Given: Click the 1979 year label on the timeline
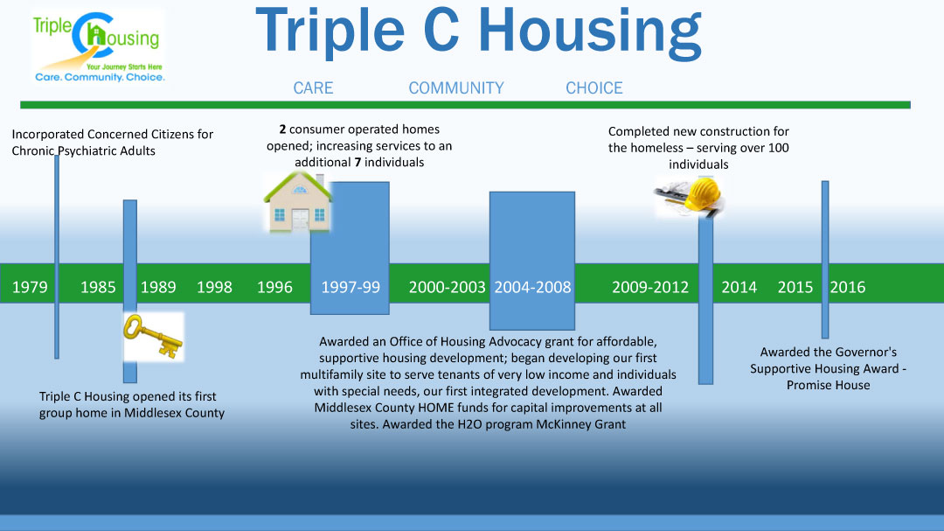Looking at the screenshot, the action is point(30,287).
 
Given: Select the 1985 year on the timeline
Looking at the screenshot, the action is point(98,287).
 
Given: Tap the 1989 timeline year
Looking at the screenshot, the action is point(158,287).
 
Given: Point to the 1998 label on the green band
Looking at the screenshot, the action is point(214,287).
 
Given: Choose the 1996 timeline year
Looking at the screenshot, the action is point(274,287).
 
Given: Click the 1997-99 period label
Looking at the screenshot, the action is point(351,287).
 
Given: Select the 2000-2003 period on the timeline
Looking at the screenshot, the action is point(447,287).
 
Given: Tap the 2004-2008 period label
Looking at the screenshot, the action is point(532,287).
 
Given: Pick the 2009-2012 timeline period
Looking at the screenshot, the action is point(650,287).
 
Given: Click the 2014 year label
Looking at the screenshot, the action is point(739,287).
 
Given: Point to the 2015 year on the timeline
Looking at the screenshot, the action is point(795,287).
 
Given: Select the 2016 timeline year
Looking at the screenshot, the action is point(848,287).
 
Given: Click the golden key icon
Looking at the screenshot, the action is point(153,336).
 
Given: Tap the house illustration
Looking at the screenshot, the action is point(297,201).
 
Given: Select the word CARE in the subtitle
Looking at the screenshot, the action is point(313,88).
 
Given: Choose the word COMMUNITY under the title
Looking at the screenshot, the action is point(456,88).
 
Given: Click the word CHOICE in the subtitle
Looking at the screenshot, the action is point(594,88).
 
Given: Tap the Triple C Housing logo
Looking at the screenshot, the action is point(99,46).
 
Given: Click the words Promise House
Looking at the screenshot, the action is point(829,385).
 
